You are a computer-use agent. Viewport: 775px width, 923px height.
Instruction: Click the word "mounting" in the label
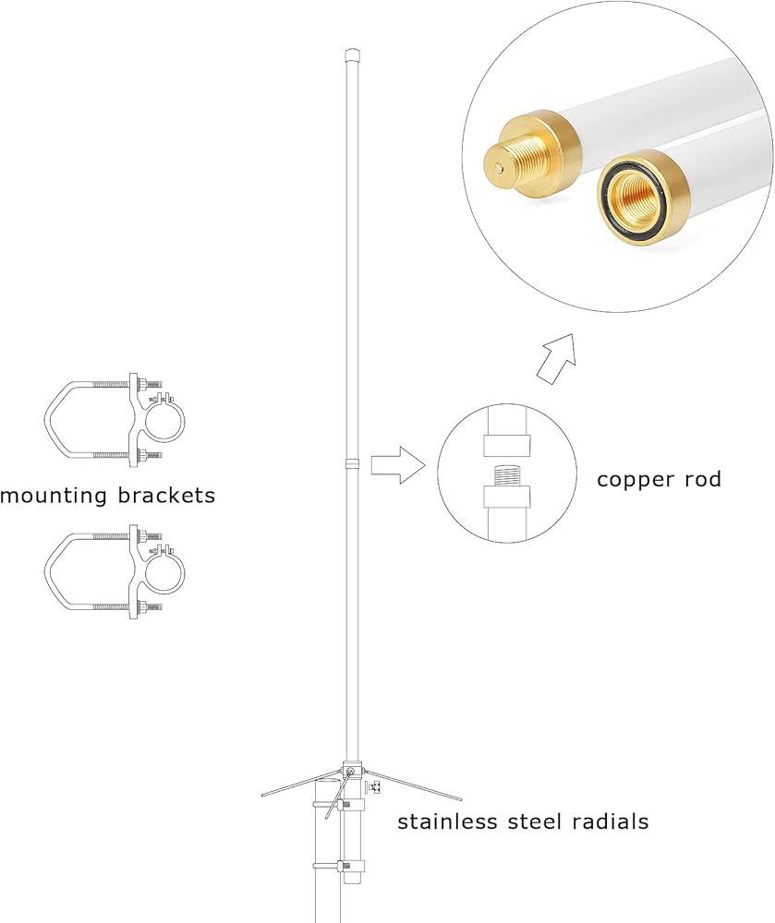point(54,496)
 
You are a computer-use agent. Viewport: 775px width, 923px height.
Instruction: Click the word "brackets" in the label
point(166,495)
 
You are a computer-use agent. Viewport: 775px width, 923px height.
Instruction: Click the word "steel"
point(535,821)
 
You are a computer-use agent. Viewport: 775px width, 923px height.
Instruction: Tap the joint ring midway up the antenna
point(352,464)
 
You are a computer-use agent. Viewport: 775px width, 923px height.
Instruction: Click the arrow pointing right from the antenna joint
point(398,465)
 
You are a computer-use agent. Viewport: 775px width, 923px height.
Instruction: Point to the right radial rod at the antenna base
point(412,785)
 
